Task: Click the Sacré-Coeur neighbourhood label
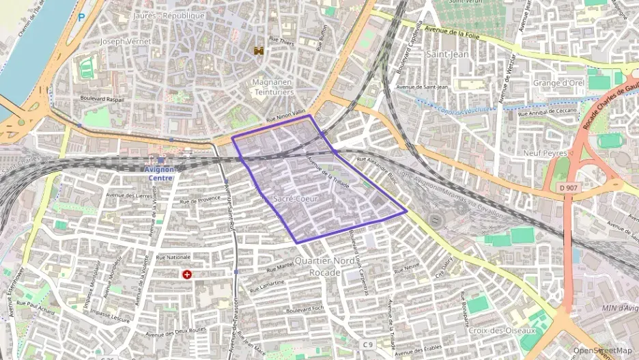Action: point(295,198)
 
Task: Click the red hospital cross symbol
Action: point(186,274)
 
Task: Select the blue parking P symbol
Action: point(82,17)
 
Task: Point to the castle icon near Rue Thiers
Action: point(259,51)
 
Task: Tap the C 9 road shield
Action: point(368,344)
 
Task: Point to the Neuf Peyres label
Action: point(545,154)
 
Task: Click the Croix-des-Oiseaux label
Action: point(502,331)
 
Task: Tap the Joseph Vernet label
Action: point(126,41)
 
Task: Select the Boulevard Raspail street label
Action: point(102,98)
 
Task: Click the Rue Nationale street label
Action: point(173,257)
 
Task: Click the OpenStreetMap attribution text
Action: point(603,350)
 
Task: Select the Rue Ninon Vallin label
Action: point(285,115)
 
